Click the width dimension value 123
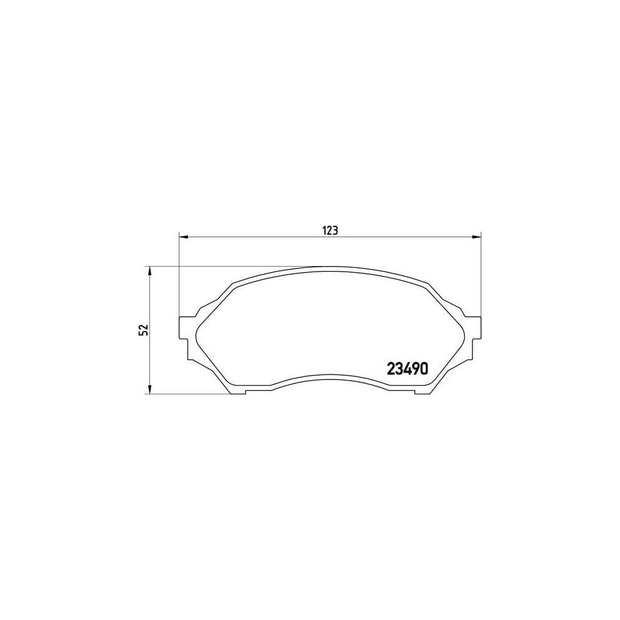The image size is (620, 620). (x=329, y=230)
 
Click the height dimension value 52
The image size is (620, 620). (x=143, y=330)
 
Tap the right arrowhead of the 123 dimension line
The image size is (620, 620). (x=477, y=236)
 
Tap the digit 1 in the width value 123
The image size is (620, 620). (x=324, y=230)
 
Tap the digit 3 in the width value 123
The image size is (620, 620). (x=334, y=230)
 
